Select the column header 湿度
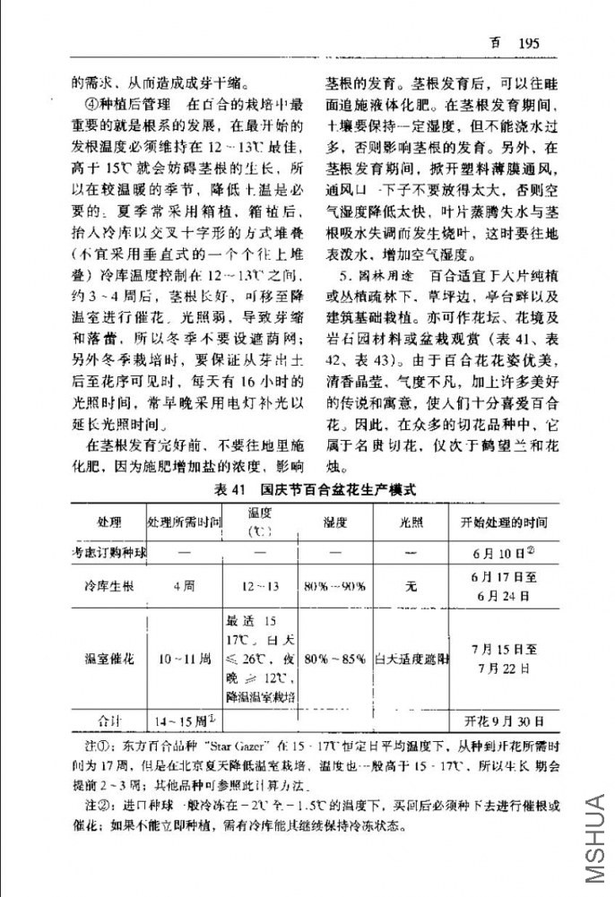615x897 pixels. (334, 522)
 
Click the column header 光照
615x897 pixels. (411, 522)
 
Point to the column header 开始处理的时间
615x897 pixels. (504, 522)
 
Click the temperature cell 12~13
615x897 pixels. (260, 587)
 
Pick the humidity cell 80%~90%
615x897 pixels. (334, 587)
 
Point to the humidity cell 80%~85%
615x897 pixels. (334, 660)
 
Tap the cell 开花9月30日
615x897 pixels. (504, 720)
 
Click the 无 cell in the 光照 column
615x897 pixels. (411, 587)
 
